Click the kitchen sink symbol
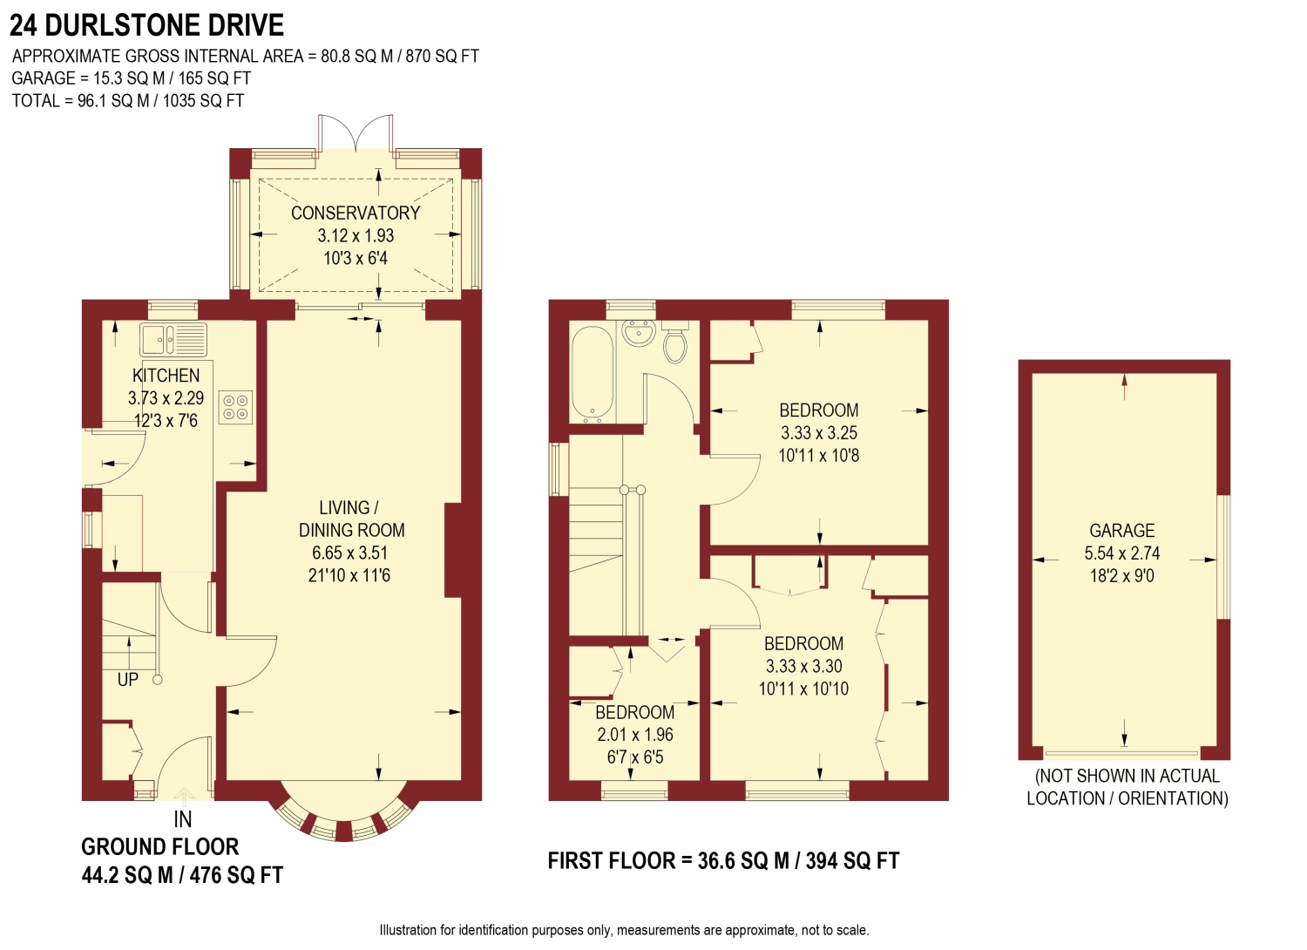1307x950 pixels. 173,339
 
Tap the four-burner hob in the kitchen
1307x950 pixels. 235,407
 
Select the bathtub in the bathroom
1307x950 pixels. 593,374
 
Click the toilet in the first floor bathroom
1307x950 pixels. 675,342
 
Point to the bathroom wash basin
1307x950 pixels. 639,333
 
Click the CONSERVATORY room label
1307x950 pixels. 356,213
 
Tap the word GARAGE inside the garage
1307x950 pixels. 1121,531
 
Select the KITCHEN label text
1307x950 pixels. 166,376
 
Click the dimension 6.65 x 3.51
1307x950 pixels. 349,553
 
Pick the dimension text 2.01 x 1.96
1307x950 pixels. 634,735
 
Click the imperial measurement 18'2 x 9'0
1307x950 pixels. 1121,575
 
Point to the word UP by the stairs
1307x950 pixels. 127,680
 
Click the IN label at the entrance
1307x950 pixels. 182,819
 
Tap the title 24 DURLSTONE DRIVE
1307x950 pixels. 146,25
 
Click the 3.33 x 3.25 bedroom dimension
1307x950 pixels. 818,432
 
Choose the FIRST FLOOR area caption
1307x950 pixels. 722,861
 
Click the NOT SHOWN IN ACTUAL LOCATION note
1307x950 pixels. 1127,787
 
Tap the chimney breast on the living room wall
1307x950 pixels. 453,550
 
